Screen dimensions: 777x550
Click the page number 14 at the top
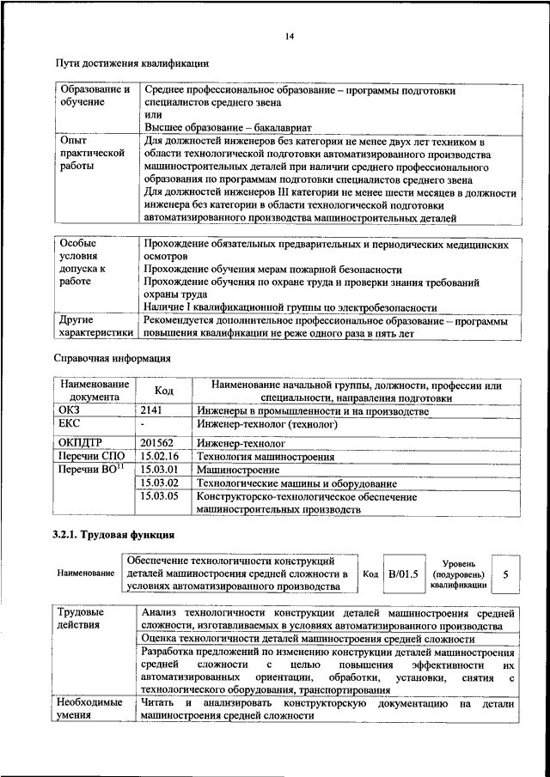pos(289,35)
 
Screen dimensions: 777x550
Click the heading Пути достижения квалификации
pos(131,64)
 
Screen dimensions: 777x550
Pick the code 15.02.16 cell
pos(159,456)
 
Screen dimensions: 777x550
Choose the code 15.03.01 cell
pos(159,470)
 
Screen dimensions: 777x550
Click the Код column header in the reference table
pos(163,392)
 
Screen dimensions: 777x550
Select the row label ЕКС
pos(69,424)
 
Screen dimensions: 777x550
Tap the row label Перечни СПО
pos(89,456)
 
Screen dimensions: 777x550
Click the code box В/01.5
pos(403,574)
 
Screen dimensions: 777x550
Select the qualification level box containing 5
pos(505,574)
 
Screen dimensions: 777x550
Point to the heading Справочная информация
pos(112,358)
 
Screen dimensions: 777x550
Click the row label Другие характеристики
pos(95,325)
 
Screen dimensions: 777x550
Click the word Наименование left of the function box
pos(85,573)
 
